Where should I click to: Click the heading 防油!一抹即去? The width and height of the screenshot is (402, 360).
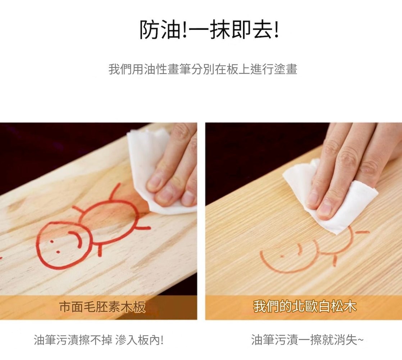coord(209,30)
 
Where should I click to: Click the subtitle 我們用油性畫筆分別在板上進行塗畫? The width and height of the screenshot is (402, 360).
coord(203,69)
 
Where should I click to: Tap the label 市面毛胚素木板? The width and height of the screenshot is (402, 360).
coord(102,307)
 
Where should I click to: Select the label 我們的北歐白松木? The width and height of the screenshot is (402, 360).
coord(305,306)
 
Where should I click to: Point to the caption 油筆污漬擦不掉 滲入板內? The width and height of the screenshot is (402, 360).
coord(99,340)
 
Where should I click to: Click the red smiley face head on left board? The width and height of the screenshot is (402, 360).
coord(40,246)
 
